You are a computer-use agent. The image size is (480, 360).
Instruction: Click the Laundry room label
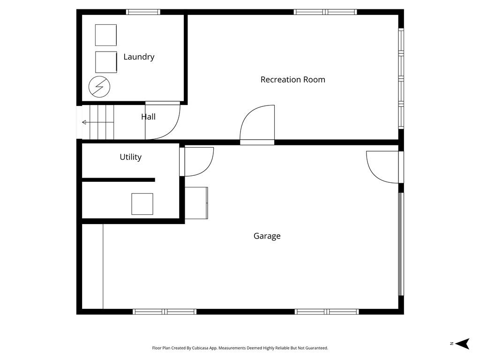coord(139,57)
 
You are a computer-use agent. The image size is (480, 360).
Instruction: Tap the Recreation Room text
coord(292,80)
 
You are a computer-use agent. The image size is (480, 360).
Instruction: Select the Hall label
coord(148,117)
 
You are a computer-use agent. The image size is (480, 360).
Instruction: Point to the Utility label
coord(130,157)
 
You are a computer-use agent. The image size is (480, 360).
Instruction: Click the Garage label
coord(267,236)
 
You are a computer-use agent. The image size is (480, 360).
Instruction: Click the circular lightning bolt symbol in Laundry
coord(100,86)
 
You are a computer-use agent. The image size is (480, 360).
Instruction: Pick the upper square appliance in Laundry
coord(105,35)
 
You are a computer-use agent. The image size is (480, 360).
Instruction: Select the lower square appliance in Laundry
coord(105,62)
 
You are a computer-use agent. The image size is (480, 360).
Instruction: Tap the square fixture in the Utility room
coord(142,204)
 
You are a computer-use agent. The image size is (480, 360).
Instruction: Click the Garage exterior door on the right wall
coord(383,166)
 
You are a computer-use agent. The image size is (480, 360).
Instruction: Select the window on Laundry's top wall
coord(143,12)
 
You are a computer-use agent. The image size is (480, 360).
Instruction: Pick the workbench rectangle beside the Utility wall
coord(196,203)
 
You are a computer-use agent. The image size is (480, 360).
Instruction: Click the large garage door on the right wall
coord(400,244)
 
